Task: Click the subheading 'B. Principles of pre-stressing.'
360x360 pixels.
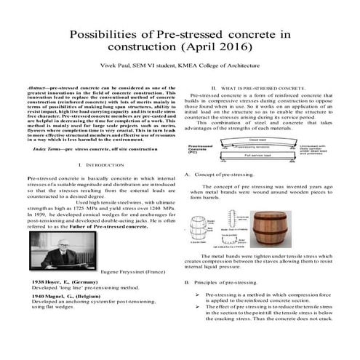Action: (223, 281)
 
